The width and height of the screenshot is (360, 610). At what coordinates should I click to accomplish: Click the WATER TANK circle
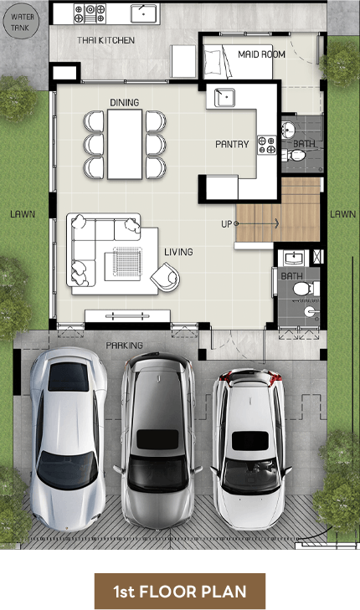click(x=22, y=23)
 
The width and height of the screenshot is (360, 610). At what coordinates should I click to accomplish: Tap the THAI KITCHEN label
click(x=105, y=40)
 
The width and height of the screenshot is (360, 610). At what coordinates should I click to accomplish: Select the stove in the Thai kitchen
click(x=90, y=13)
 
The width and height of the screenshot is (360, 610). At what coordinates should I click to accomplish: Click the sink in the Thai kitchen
click(x=144, y=13)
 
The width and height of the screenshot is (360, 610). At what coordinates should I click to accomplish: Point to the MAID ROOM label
click(x=261, y=54)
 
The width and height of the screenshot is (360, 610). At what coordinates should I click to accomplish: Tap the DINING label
click(x=124, y=102)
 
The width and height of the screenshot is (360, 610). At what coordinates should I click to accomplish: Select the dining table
click(x=125, y=144)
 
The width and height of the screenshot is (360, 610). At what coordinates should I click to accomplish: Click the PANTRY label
click(x=232, y=144)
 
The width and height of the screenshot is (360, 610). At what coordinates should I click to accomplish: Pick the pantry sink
click(x=224, y=97)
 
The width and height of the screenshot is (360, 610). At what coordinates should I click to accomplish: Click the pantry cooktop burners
click(x=266, y=145)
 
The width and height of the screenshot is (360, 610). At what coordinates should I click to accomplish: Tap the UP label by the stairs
click(x=227, y=224)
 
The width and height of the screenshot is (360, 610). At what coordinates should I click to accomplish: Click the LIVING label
click(x=178, y=252)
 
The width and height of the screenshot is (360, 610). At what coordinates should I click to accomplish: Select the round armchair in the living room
click(x=166, y=276)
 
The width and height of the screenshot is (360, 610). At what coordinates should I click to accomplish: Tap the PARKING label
click(x=124, y=345)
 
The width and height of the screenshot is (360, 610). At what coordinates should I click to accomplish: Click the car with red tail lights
click(x=250, y=449)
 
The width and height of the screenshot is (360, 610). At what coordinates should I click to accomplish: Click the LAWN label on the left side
click(x=23, y=214)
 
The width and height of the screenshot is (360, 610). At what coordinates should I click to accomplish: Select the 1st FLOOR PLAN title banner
click(x=180, y=591)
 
